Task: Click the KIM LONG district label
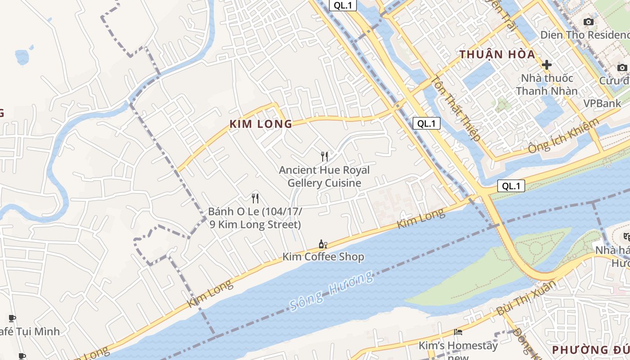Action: [261, 124]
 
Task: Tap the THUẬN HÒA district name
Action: [497, 55]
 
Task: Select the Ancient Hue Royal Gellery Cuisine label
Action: [324, 176]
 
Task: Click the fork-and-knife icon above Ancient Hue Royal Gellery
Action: [324, 156]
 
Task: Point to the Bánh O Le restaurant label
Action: [255, 218]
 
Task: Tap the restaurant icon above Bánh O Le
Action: [255, 198]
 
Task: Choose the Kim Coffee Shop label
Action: [323, 257]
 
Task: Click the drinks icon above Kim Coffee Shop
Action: [323, 244]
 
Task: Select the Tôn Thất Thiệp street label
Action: [456, 108]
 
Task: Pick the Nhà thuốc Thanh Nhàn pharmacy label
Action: [547, 85]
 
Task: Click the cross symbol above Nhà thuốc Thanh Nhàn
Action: [547, 65]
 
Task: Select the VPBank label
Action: [602, 103]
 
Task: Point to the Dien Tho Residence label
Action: [585, 35]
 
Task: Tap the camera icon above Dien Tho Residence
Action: [588, 22]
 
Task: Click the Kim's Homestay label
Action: [458, 346]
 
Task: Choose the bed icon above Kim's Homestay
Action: [458, 332]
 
